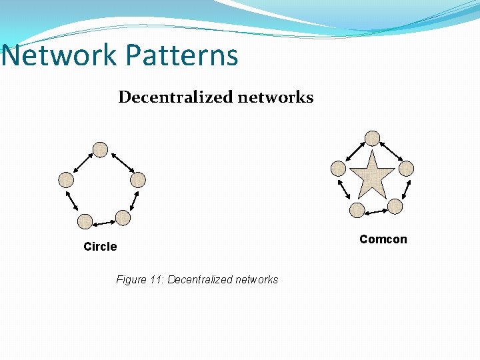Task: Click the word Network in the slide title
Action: coord(59,55)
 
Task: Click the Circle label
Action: coord(100,247)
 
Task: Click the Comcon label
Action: coord(383,239)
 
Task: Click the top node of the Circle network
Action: coord(100,149)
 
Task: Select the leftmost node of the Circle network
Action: coord(65,179)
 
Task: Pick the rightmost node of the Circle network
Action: coord(137,179)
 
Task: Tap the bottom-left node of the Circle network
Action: coord(85,221)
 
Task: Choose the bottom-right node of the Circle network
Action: coord(123,217)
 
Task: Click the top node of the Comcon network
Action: coord(372,138)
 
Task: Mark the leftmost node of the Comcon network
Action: coord(339,168)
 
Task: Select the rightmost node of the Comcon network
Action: coord(406,168)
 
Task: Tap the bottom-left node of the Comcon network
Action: coord(357,211)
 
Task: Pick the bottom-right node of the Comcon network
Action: coord(395,207)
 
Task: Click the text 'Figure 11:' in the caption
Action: coord(140,279)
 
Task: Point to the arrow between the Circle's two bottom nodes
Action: coord(103,221)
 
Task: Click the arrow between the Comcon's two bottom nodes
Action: coord(376,211)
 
